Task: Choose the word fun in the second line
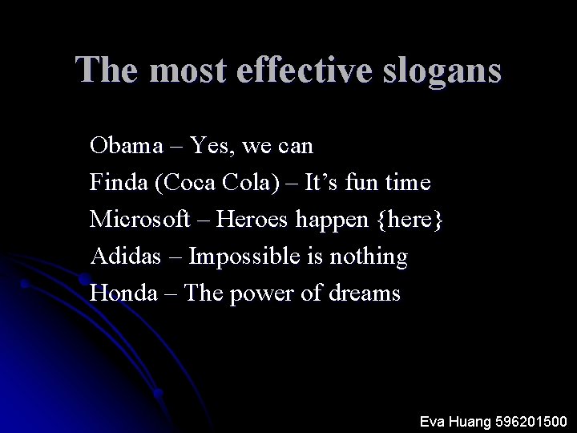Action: click(358, 183)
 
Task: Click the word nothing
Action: click(369, 257)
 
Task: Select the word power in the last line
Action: click(264, 293)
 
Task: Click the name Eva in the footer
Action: click(434, 421)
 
